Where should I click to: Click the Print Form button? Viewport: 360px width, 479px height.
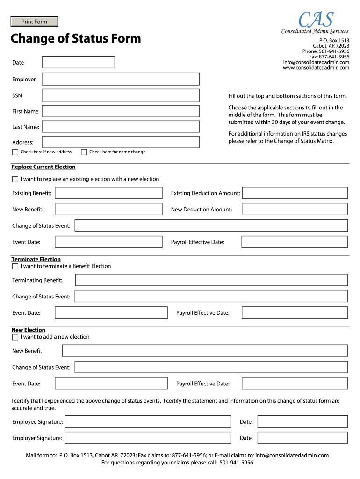[x=34, y=22]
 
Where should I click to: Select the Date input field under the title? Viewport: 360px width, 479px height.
[x=79, y=62]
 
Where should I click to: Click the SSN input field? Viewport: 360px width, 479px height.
[x=121, y=95]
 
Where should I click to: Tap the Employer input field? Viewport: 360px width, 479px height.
[x=121, y=79]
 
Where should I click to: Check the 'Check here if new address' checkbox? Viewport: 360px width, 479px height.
[x=15, y=152]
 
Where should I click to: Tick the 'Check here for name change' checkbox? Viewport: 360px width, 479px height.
[x=84, y=152]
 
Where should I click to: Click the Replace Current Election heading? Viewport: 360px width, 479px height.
[x=43, y=167]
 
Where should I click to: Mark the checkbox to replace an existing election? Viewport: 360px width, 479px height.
[x=15, y=179]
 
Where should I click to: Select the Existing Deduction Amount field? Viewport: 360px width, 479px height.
[x=295, y=193]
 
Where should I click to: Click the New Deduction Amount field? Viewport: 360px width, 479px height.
[x=295, y=209]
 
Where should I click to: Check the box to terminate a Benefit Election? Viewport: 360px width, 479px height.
[x=15, y=266]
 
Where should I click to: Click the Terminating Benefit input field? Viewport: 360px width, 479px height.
[x=211, y=280]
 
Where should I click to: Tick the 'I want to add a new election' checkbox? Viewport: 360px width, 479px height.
[x=15, y=337]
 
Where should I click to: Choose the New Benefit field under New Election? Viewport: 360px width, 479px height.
[x=205, y=351]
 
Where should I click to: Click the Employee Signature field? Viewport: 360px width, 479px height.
[x=148, y=422]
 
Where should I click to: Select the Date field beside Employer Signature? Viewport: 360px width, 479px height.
[x=302, y=438]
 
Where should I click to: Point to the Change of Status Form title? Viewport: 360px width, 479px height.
[x=76, y=38]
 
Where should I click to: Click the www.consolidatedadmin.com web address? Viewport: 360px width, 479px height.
[x=316, y=68]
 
